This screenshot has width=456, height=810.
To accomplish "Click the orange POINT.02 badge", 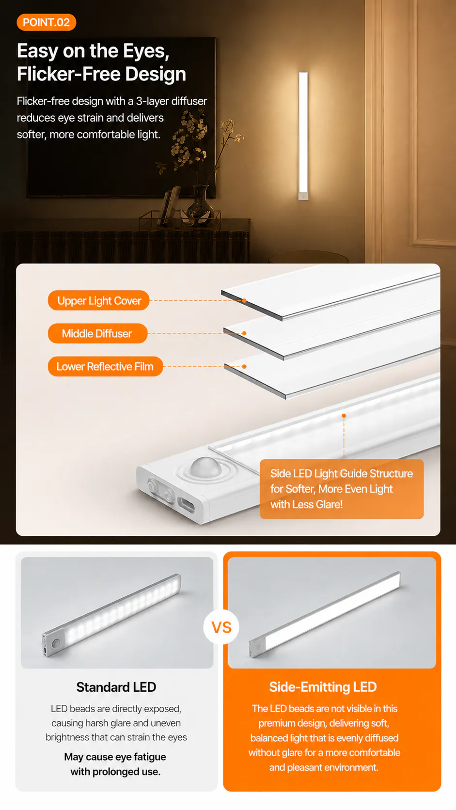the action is click(47, 22).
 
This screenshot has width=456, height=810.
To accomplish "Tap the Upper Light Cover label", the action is click(99, 300).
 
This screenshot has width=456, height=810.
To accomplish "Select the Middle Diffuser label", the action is click(97, 333).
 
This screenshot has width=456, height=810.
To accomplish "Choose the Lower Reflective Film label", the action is click(105, 366).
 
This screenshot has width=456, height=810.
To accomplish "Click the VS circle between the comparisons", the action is click(221, 627).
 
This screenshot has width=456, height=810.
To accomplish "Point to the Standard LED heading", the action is click(116, 687).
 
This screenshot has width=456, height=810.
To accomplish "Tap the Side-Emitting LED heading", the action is click(323, 686).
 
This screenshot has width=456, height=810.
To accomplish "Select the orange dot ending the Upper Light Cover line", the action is click(244, 300).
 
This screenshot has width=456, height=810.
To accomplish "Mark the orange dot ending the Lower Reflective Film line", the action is click(244, 366).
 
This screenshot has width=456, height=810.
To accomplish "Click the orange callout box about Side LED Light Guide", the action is click(342, 489).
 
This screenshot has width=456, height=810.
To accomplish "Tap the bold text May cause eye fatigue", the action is click(115, 757).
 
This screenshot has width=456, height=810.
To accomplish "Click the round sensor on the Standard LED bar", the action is click(55, 643).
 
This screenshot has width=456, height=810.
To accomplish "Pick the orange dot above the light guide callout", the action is click(344, 416).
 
